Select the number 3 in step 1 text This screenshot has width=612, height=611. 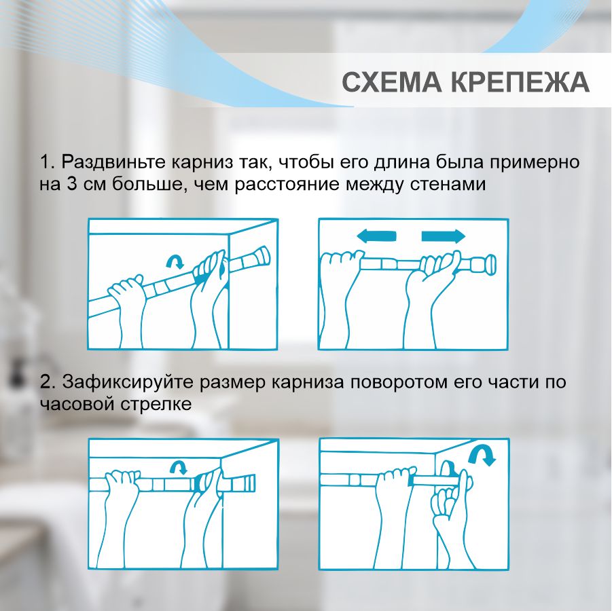coord(71,184)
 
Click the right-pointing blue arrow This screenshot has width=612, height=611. coord(443,236)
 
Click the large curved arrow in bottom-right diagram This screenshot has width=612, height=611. coord(485,455)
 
